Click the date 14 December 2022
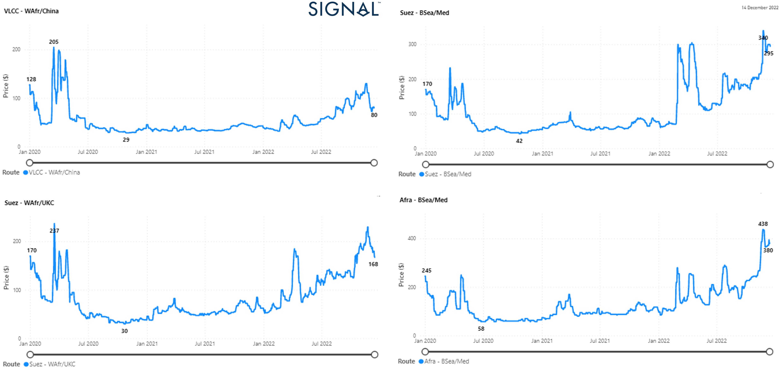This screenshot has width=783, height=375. point(760,8)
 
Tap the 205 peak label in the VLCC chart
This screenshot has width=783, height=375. point(54,42)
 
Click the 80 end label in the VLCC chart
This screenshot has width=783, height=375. point(374,115)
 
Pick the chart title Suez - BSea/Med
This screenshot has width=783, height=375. point(424,13)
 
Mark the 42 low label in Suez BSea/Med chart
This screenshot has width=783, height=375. point(519,141)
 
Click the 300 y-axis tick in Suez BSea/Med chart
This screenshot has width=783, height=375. point(412,44)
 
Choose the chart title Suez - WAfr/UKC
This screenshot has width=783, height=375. point(29,203)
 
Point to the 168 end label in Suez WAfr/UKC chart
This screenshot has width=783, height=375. point(373,264)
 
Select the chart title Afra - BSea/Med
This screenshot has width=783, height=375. point(423,200)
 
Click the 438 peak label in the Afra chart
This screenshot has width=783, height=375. point(763,224)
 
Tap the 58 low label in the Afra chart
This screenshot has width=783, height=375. point(481,329)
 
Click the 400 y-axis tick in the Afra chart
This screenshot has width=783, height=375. point(412,238)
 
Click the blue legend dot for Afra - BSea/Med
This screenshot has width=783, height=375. point(421,361)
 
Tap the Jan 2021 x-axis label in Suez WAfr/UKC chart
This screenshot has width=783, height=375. point(147,344)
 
